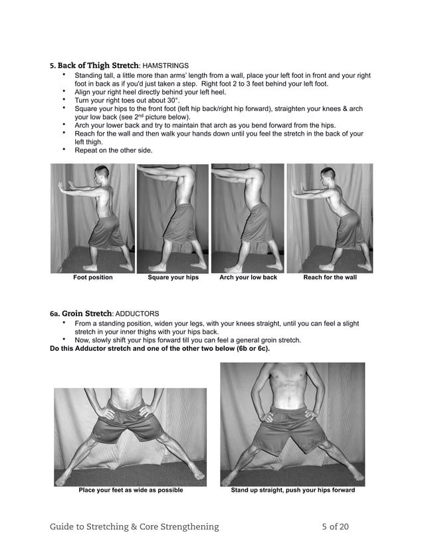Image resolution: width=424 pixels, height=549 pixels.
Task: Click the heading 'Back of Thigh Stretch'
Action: (98, 66)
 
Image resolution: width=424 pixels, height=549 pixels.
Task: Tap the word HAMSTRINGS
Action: (166, 66)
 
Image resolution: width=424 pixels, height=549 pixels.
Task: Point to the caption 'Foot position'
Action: (93, 278)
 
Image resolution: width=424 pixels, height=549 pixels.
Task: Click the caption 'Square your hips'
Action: (173, 278)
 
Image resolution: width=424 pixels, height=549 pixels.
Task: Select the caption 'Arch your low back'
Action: (248, 278)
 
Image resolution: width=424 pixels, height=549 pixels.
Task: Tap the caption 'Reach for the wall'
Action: (330, 278)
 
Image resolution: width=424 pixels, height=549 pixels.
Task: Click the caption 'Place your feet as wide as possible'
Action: (130, 491)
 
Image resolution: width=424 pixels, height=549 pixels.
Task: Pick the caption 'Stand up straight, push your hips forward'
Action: (292, 491)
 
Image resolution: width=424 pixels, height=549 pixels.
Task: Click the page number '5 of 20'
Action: (335, 527)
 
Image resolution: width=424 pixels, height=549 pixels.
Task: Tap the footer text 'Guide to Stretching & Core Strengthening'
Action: (134, 527)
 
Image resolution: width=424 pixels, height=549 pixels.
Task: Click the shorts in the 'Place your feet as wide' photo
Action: (128, 423)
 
